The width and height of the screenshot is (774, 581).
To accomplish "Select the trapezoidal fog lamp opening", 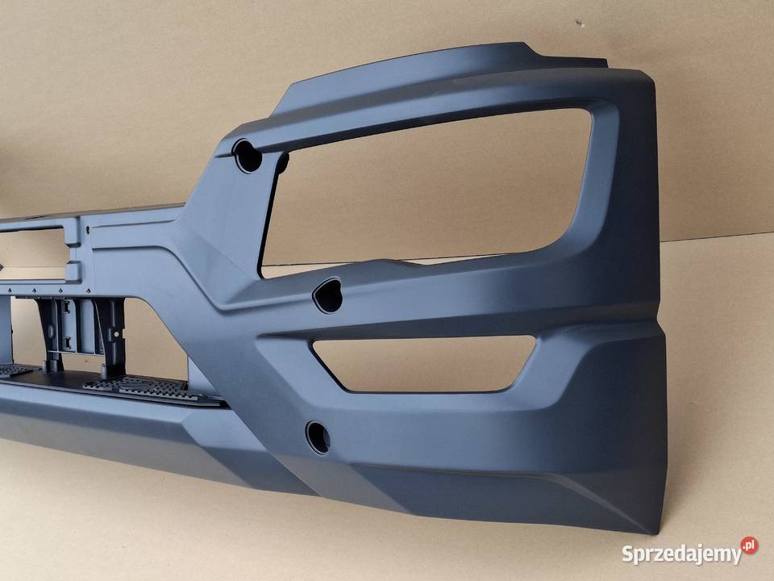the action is tap(425, 363).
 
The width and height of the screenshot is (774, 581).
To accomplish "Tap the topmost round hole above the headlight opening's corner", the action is tap(248, 156).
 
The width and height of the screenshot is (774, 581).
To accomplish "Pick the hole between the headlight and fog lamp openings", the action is tap(328, 295).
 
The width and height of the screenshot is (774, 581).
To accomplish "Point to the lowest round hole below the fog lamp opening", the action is tap(318, 437).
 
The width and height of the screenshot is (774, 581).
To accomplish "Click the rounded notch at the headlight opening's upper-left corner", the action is tap(282, 163).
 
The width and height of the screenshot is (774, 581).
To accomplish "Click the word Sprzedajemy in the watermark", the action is tap(682, 554).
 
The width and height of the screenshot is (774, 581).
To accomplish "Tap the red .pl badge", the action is tap(749, 545).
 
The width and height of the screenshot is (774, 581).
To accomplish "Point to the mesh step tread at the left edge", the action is tap(14, 370).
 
